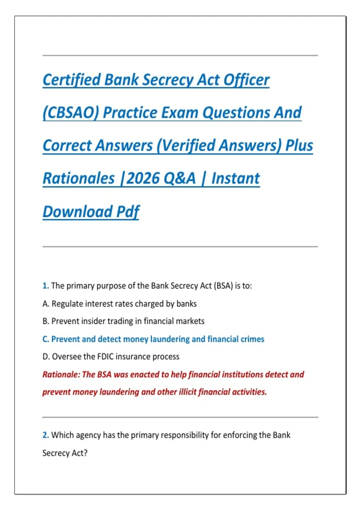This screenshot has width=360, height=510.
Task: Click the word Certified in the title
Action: (72, 80)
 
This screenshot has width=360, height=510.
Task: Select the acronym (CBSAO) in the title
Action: (71, 113)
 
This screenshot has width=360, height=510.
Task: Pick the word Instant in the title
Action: (235, 178)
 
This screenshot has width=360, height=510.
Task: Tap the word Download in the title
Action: (77, 211)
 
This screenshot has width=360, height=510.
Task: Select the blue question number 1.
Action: (45, 286)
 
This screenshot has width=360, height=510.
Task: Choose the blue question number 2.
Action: (45, 435)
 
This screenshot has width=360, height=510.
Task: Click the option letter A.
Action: (46, 304)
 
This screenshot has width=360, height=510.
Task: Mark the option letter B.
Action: (46, 321)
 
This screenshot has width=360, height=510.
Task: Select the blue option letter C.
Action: (46, 339)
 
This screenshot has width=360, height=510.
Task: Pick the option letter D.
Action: (46, 357)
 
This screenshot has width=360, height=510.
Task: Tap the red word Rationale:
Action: (61, 375)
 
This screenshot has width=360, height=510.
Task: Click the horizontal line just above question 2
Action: (180, 417)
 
